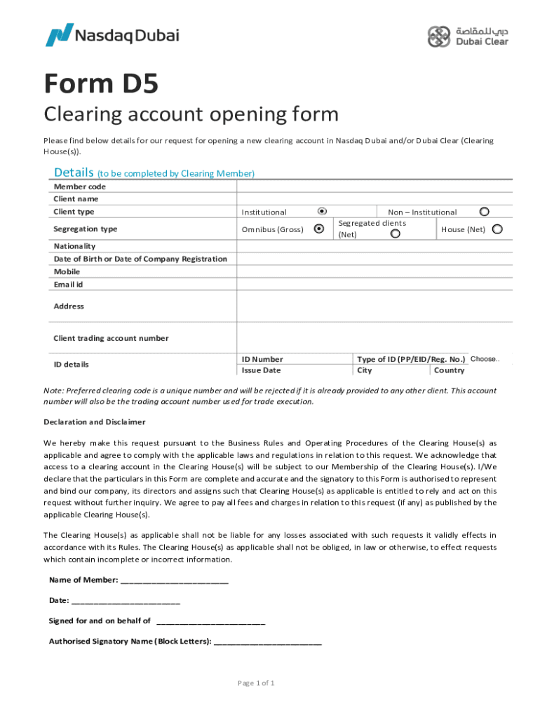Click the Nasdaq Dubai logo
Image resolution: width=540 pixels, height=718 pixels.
(112, 34)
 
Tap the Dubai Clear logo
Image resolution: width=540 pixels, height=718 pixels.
(468, 36)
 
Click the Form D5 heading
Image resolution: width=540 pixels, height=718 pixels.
(101, 85)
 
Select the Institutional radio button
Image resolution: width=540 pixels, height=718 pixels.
(322, 210)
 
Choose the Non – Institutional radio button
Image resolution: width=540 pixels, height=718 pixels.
(484, 211)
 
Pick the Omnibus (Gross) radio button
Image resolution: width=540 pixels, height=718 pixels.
(319, 229)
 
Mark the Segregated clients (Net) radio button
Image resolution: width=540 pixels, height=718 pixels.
(396, 233)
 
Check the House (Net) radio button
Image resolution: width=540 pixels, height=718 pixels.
(497, 229)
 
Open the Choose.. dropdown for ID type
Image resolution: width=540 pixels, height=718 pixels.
(485, 359)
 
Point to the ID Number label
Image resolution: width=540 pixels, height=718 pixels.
(262, 359)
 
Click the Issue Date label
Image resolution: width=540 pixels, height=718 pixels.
(261, 370)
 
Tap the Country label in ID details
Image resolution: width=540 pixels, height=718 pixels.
(449, 370)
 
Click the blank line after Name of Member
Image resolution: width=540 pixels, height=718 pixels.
(175, 580)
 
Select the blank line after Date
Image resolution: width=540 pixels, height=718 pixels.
(126, 601)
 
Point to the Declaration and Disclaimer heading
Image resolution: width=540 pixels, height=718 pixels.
(95, 422)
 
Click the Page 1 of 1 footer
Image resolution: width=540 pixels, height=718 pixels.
(256, 683)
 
